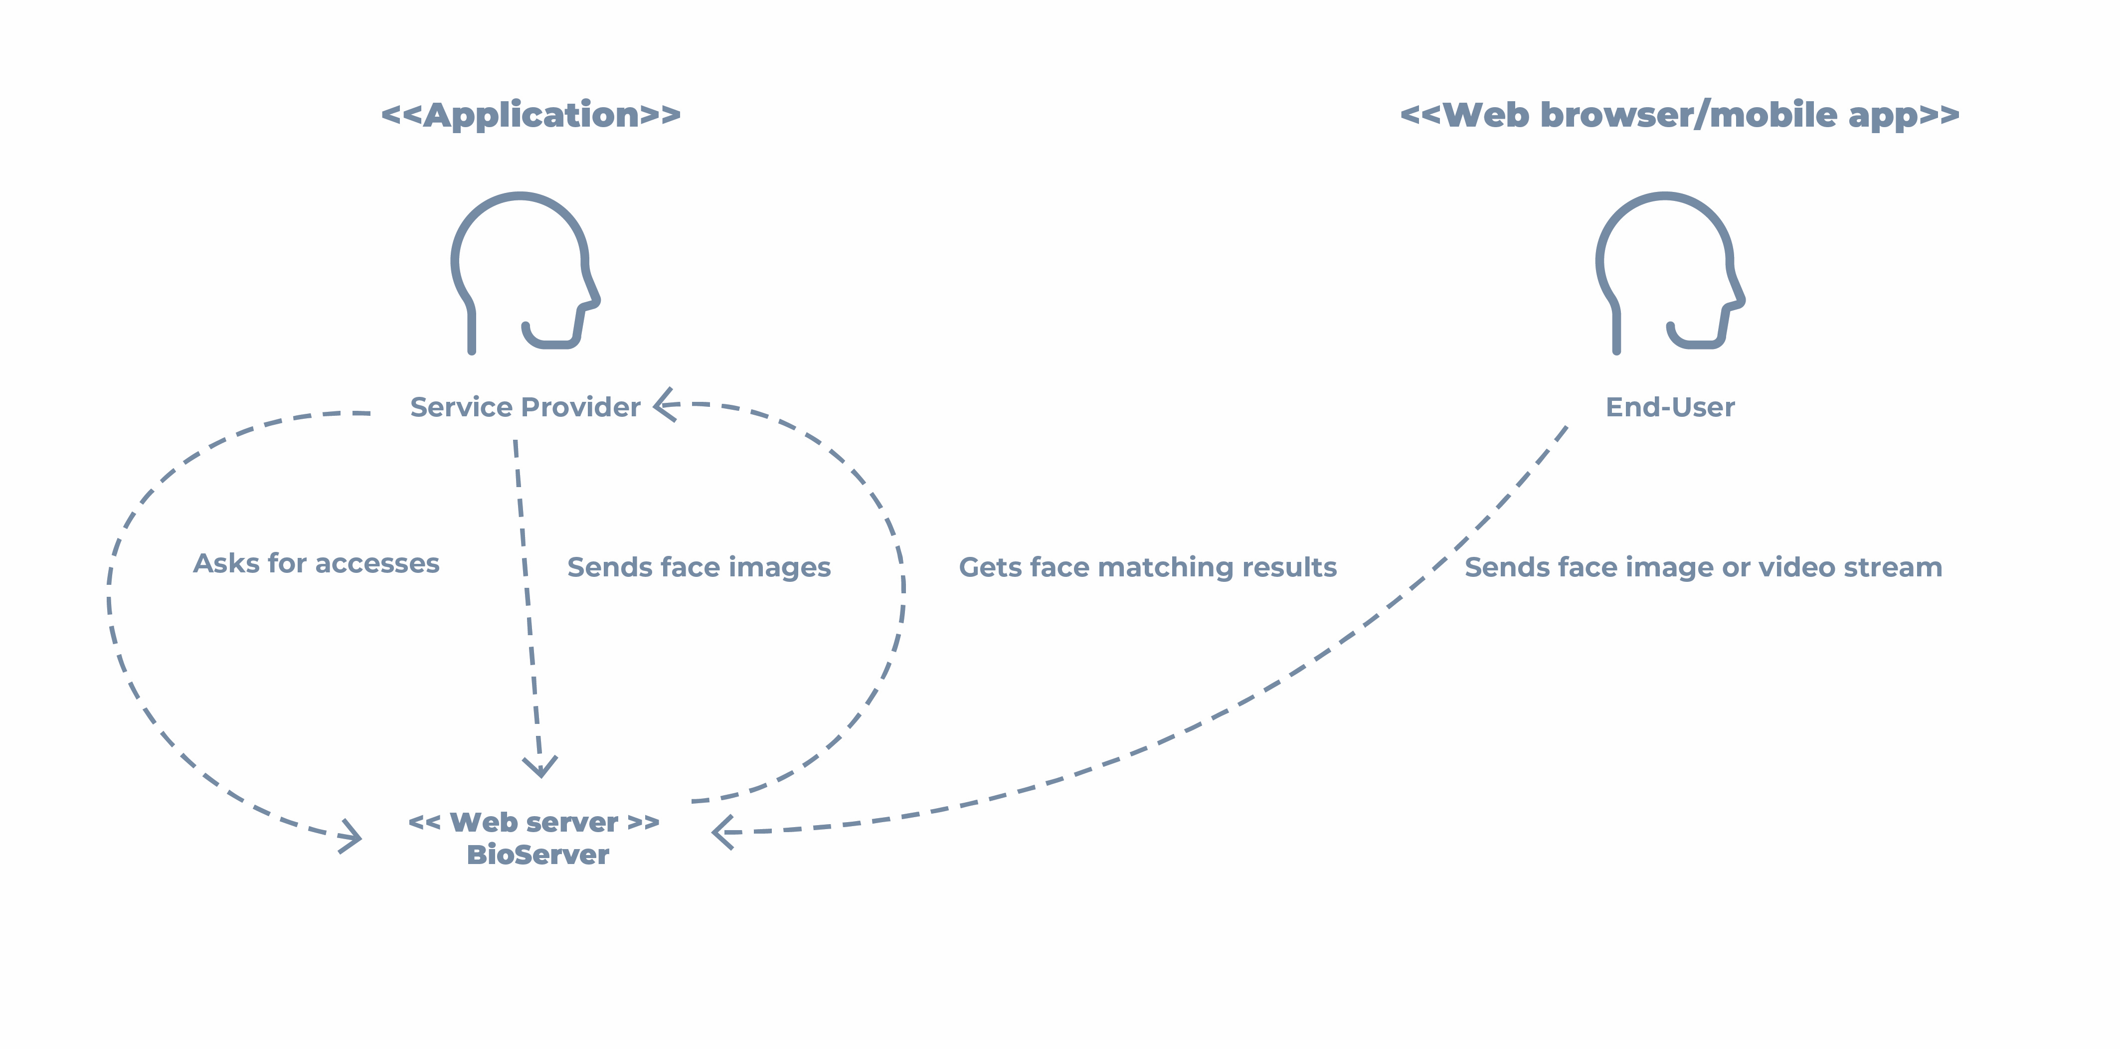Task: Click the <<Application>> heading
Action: pos(531,115)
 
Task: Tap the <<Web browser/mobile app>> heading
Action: pos(1679,115)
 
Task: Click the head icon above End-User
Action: pos(1668,272)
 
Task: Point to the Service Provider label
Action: pos(525,407)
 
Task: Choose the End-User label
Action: pos(1670,407)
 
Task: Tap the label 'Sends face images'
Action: pos(699,568)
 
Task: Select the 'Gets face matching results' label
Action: pos(1147,568)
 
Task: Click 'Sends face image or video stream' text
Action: pos(1703,568)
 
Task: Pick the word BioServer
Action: pos(537,855)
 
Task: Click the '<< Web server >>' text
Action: pos(534,822)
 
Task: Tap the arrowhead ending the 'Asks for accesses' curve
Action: pos(352,837)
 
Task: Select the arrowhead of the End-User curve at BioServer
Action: pos(722,833)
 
